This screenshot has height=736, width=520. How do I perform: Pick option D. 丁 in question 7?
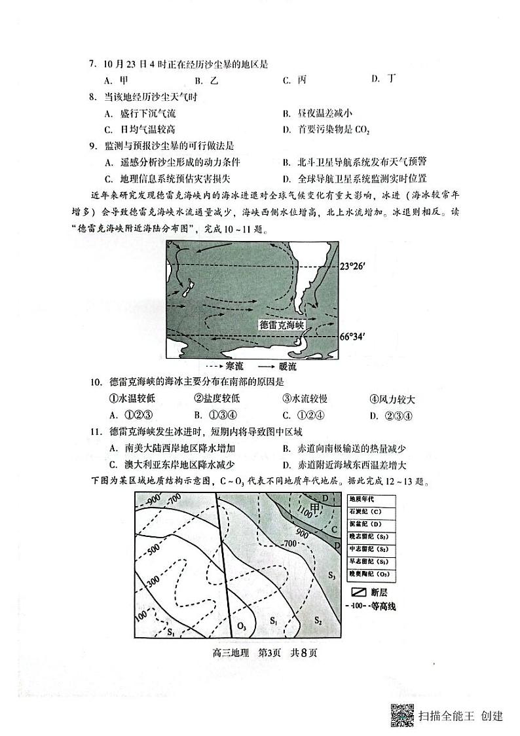tap(383, 79)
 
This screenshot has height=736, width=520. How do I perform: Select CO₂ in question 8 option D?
tap(362, 130)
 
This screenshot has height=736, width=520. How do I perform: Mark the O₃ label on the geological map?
tap(241, 625)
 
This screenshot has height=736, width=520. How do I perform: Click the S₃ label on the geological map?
tap(331, 576)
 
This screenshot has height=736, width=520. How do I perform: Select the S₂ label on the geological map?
tap(317, 619)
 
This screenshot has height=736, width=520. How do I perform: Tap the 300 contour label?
tap(153, 580)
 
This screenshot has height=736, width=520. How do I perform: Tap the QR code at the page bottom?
tap(401, 715)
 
